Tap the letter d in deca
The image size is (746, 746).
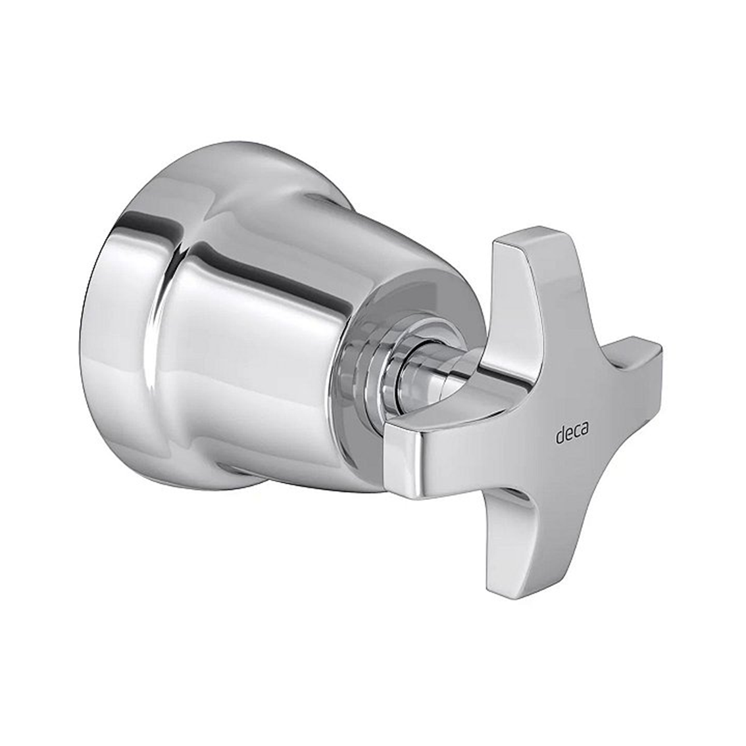559,434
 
